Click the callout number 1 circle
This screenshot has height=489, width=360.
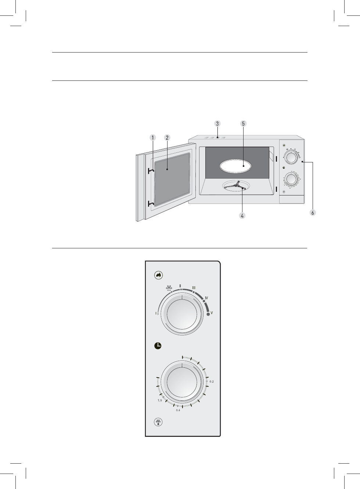point(152,138)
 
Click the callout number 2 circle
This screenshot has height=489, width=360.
point(167,138)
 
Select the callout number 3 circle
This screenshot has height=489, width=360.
point(217,123)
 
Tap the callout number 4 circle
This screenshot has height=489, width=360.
point(242,216)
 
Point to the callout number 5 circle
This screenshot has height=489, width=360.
point(243,123)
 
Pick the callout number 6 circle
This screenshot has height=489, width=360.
point(313,213)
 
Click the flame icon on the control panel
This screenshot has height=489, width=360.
point(158,275)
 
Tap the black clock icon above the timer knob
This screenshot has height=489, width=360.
point(158,346)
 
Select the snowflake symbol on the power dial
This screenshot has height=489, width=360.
point(169,288)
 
